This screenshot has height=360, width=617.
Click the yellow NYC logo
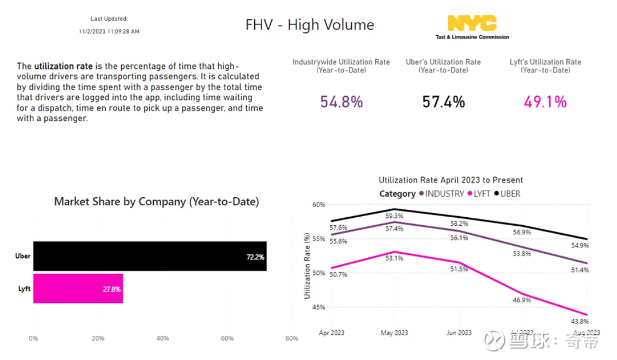[472, 24]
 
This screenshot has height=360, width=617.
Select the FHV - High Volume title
[309, 25]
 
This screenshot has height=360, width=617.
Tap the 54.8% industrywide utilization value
[341, 101]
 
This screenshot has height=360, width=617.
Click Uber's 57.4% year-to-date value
[443, 101]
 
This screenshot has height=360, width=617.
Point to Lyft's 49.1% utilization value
[545, 101]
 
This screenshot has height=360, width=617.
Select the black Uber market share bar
[150, 256]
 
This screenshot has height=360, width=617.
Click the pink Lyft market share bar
[78, 289]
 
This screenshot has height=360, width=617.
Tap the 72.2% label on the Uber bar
[255, 257]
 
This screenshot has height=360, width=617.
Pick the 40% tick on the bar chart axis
[162, 338]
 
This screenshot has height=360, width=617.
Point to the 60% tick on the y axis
[318, 205]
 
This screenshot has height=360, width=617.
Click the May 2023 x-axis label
[394, 333]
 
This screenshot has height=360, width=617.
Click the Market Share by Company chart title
[156, 201]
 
